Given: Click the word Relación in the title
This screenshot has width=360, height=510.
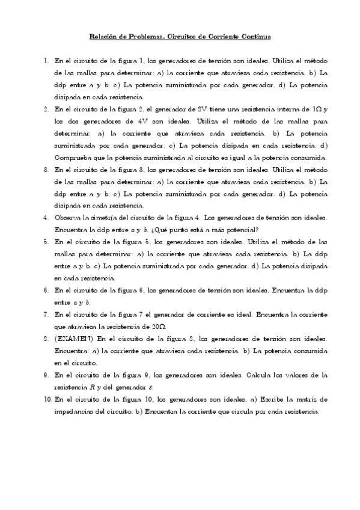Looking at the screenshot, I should pos(103,37).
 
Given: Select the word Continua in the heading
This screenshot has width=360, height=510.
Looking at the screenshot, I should pos(255,37).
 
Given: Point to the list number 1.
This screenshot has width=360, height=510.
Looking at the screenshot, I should pos(46,61).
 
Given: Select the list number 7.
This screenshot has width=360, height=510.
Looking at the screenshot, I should pos(46,314).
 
